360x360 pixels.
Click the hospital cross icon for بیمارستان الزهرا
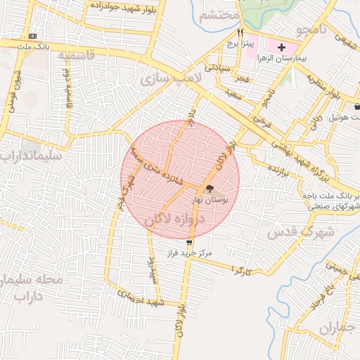coord(281,47)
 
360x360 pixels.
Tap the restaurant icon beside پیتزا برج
coord(240,32)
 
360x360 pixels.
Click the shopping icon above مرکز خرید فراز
coord(188,242)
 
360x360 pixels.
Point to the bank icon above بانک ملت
coord(33,36)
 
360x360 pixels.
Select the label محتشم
coord(220,16)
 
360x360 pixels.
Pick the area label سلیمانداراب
coord(32,154)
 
